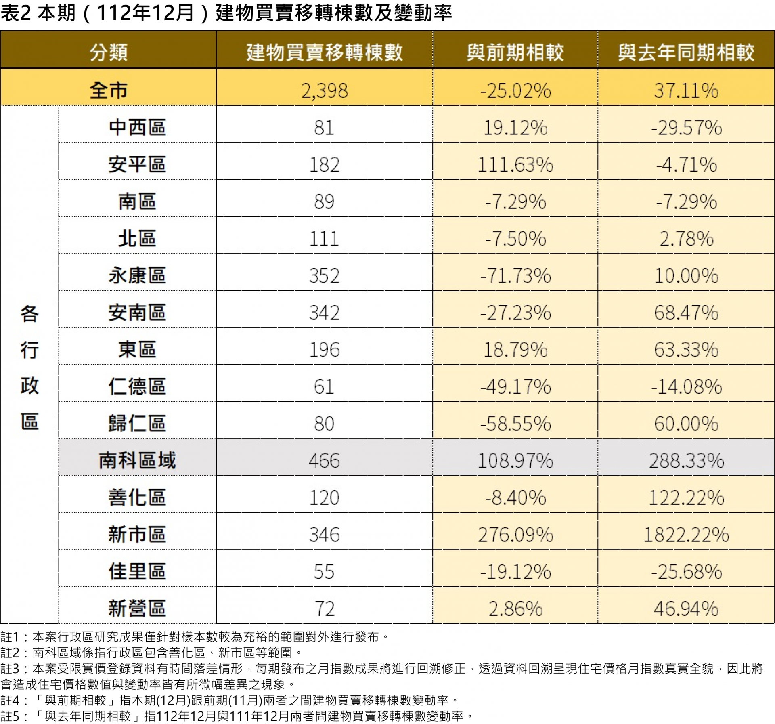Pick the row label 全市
click(x=108, y=90)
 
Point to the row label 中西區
click(x=137, y=128)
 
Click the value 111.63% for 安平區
click(x=515, y=165)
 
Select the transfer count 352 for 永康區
click(x=324, y=276)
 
